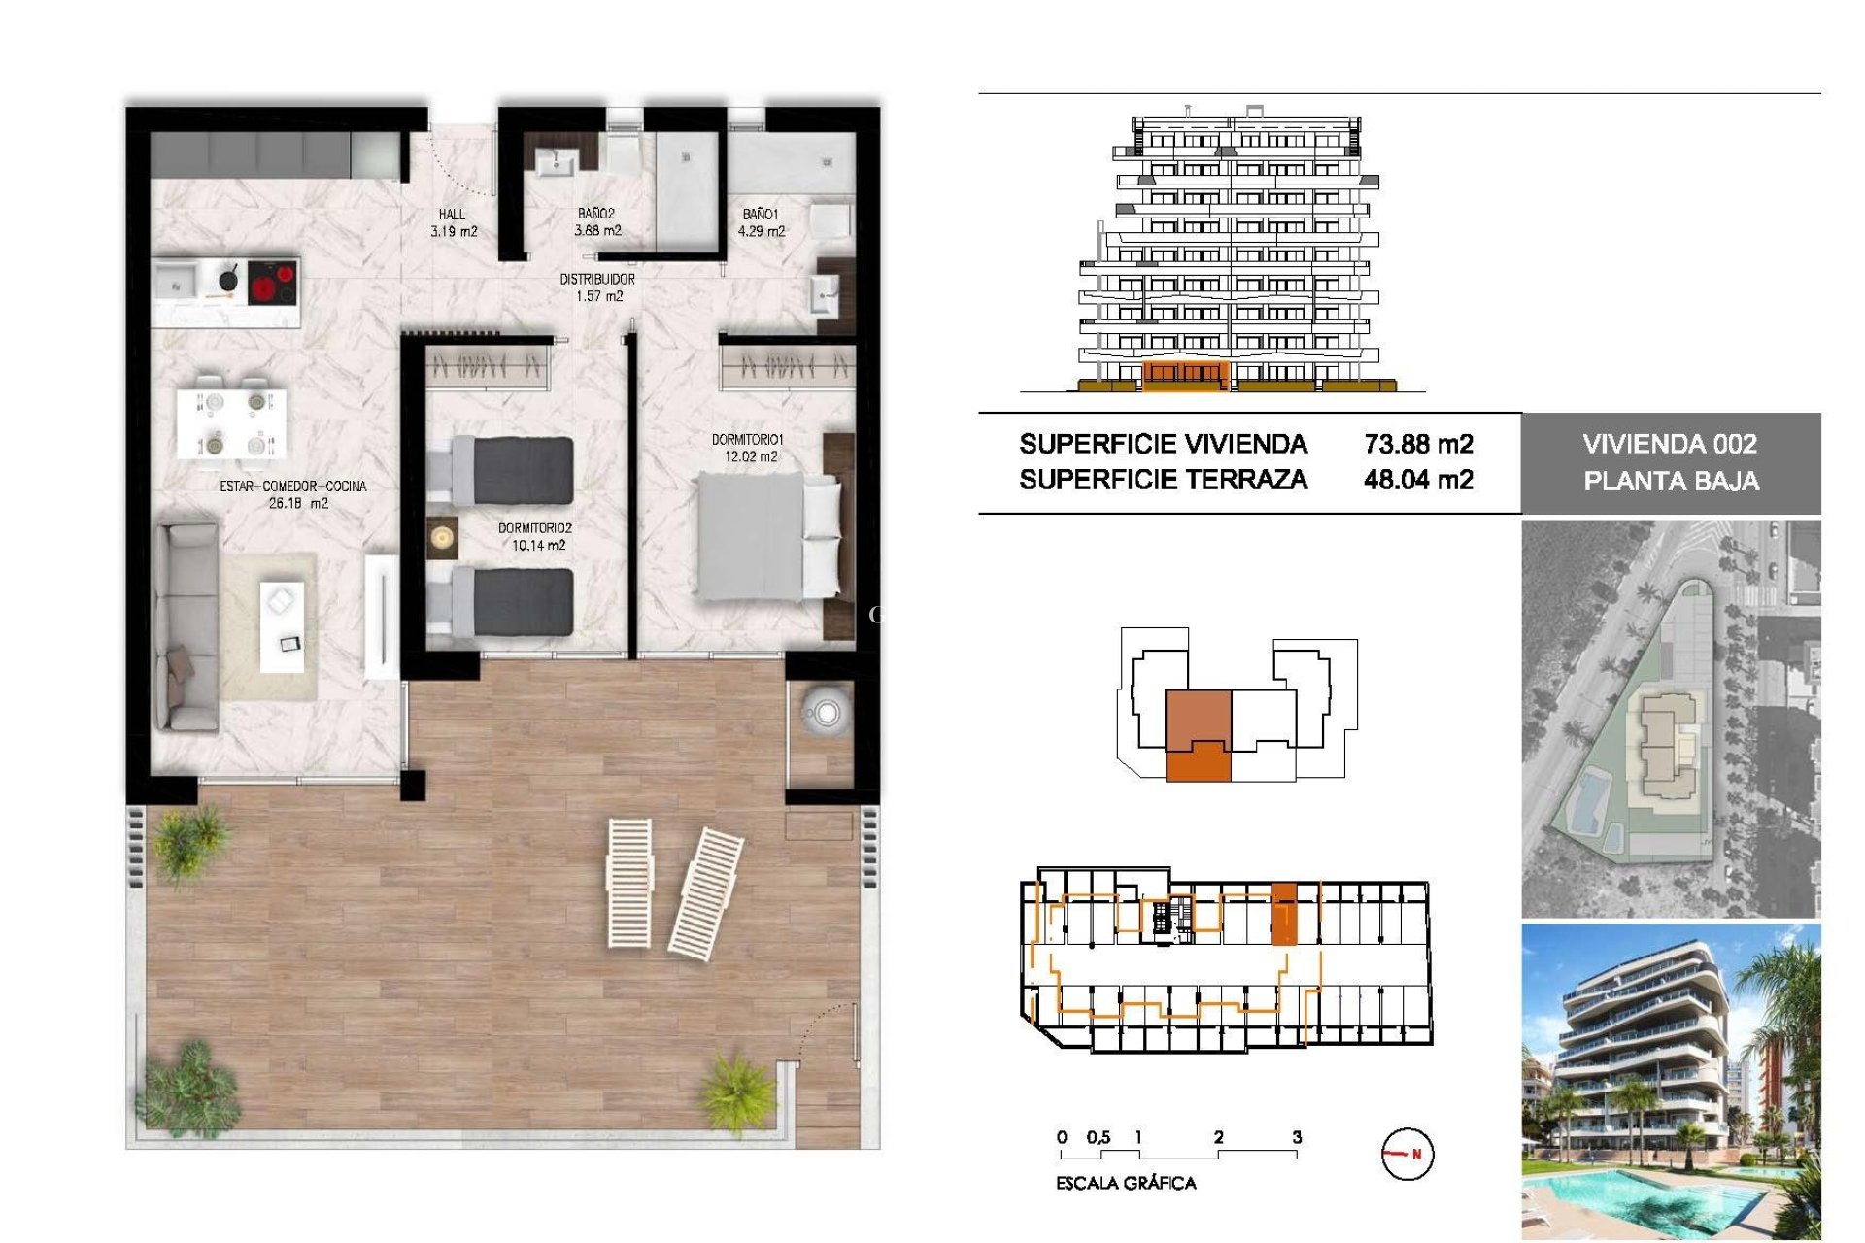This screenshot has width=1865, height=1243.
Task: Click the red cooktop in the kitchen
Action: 273,283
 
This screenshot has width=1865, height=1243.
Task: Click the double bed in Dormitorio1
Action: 767,535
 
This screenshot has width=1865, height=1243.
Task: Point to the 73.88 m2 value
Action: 1418,444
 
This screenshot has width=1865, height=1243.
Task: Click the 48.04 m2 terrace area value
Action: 1418,480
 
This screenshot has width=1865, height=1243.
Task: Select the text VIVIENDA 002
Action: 1670,444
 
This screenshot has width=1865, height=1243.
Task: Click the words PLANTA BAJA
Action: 1671,481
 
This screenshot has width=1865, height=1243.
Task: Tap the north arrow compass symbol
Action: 1407,1154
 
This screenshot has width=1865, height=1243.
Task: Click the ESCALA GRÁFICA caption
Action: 1126,1183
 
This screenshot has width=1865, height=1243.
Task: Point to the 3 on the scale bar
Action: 1297,1137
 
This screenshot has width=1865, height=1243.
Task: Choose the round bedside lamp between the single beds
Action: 442,536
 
